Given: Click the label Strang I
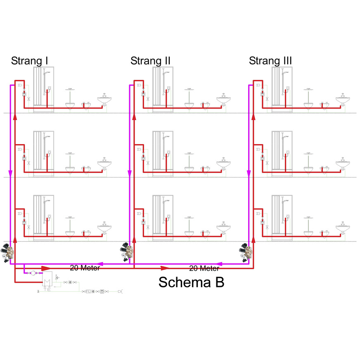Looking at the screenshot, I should coord(30,61).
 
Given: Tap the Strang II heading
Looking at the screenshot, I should coord(150,61).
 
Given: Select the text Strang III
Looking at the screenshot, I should coord(270,61).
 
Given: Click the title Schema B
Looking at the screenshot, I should coord(191,282).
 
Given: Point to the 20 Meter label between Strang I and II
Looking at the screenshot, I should coord(85,268).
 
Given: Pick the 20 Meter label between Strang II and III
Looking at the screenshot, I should coord(204,268).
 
